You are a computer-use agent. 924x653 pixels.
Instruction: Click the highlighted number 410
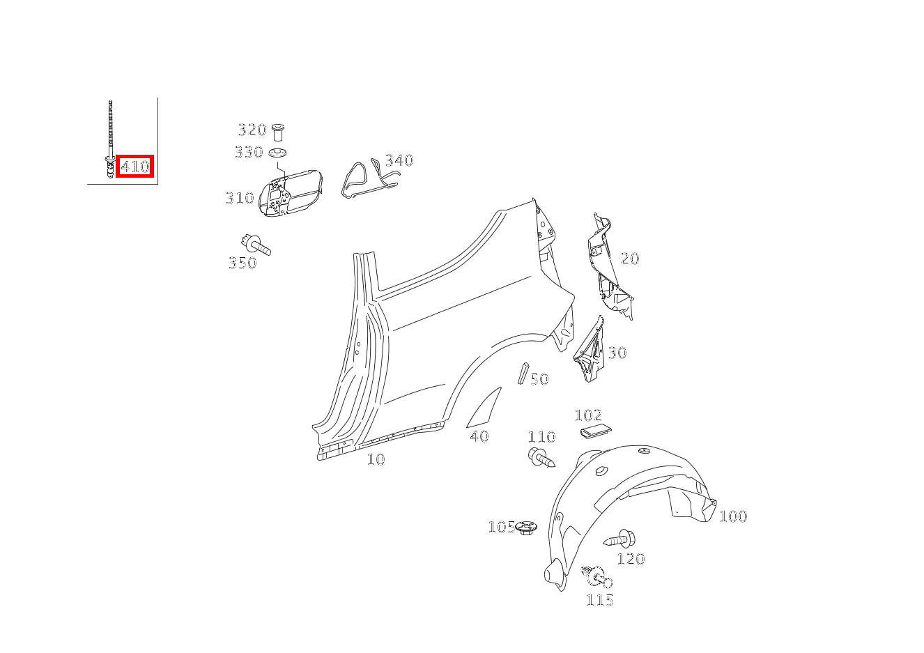[x=134, y=167]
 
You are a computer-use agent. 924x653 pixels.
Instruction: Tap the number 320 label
[x=252, y=130]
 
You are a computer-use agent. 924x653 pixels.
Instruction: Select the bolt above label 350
[x=256, y=245]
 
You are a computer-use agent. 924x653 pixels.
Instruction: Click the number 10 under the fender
[x=376, y=459]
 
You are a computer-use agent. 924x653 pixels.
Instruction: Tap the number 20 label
[x=629, y=259]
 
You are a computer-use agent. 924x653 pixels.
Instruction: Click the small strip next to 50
[x=523, y=373]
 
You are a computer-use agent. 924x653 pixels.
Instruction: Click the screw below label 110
[x=541, y=458]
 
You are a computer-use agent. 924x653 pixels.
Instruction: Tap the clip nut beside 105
[x=528, y=528]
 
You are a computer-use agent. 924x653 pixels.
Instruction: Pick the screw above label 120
[x=620, y=539]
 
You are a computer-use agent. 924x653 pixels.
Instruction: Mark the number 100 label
[x=732, y=516]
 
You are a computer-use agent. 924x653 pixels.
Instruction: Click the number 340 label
[x=399, y=161]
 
